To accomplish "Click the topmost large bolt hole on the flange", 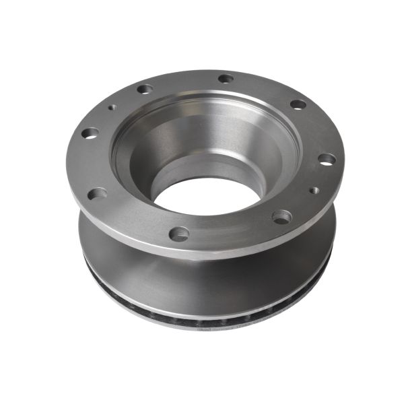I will (x=226, y=79).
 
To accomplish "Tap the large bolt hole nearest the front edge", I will (x=178, y=234).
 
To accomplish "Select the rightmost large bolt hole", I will (x=327, y=160).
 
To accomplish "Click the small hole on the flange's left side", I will (x=111, y=106).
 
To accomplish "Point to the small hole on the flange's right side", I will (x=314, y=191).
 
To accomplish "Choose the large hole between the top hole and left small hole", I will (x=145, y=89).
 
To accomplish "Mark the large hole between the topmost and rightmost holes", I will (x=298, y=104).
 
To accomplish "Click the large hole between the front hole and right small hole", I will (x=281, y=217).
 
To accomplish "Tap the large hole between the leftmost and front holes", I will (x=97, y=194).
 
